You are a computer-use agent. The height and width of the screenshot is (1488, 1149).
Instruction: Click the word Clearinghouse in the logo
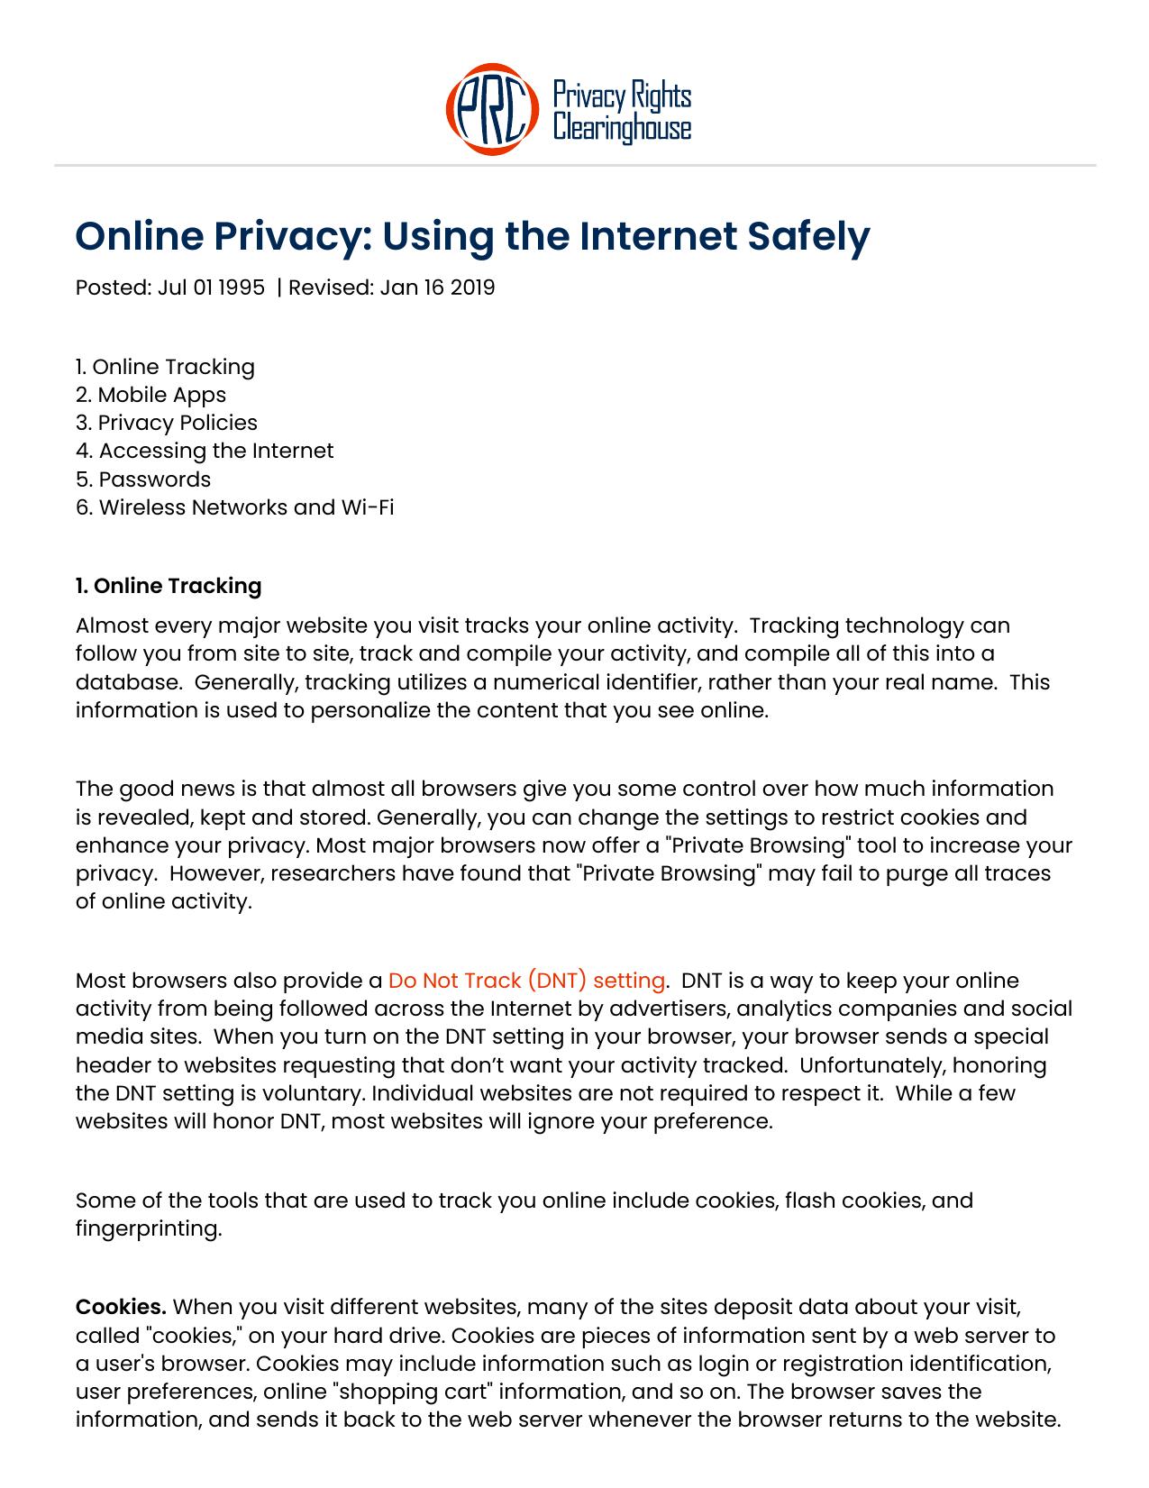(x=622, y=128)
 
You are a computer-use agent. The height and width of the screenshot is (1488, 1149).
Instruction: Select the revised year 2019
(x=472, y=288)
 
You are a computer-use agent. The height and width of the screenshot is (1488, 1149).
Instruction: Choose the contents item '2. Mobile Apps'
(x=150, y=395)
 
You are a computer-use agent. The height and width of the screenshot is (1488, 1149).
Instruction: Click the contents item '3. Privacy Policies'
(x=167, y=423)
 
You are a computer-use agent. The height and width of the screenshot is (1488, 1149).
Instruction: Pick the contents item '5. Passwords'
(x=143, y=479)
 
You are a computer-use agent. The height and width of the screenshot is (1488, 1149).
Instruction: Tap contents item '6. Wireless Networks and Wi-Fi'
(x=234, y=507)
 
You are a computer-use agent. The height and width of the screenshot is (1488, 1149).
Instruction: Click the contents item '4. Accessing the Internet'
(x=205, y=451)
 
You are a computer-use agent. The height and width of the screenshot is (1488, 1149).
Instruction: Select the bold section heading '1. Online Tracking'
(x=169, y=586)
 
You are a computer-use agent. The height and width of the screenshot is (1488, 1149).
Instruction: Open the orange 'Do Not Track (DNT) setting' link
(x=526, y=981)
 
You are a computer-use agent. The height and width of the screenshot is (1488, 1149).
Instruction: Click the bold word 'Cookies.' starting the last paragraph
(x=121, y=1307)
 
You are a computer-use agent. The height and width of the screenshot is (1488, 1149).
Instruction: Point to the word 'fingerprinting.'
(x=149, y=1228)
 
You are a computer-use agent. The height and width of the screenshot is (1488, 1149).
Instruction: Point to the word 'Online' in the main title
(x=140, y=236)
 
